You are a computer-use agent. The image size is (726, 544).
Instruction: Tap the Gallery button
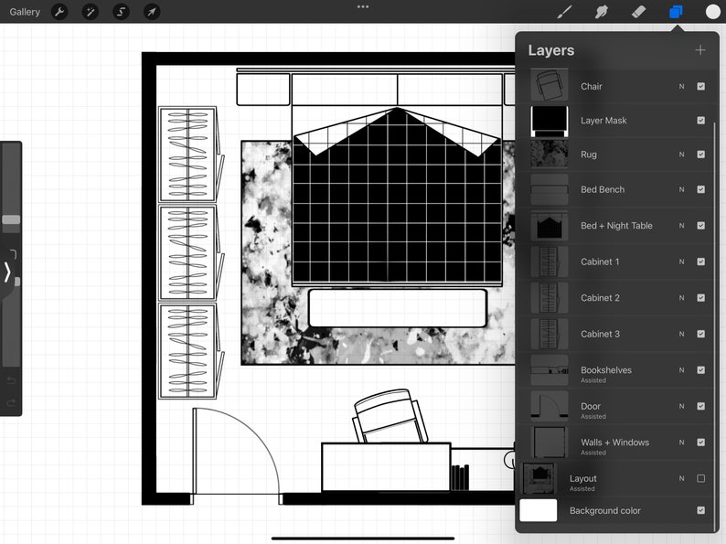(25, 12)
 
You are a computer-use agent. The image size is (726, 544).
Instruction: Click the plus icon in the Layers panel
(700, 50)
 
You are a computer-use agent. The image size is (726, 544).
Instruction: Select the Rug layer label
(588, 155)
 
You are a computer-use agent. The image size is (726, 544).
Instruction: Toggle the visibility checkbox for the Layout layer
(700, 478)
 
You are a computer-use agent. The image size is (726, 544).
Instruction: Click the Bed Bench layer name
(603, 189)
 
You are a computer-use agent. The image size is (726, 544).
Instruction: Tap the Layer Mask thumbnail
(550, 120)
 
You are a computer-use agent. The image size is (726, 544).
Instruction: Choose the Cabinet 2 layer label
(600, 298)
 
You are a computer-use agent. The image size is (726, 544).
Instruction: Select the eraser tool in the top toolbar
(638, 12)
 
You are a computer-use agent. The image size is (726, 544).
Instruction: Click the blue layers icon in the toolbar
(676, 12)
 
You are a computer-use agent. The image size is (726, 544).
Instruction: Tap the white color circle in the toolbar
(713, 12)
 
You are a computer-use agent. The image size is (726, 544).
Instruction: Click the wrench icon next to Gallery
(59, 12)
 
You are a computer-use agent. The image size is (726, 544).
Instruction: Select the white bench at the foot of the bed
(397, 308)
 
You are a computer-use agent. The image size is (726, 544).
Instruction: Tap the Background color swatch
(539, 510)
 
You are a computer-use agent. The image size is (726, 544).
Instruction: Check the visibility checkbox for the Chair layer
(700, 86)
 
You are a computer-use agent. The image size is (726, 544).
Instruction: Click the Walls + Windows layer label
(614, 443)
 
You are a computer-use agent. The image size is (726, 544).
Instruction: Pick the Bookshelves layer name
(605, 370)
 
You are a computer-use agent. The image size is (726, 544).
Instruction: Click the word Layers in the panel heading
(550, 50)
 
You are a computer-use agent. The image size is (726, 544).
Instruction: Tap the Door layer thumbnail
(550, 407)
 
